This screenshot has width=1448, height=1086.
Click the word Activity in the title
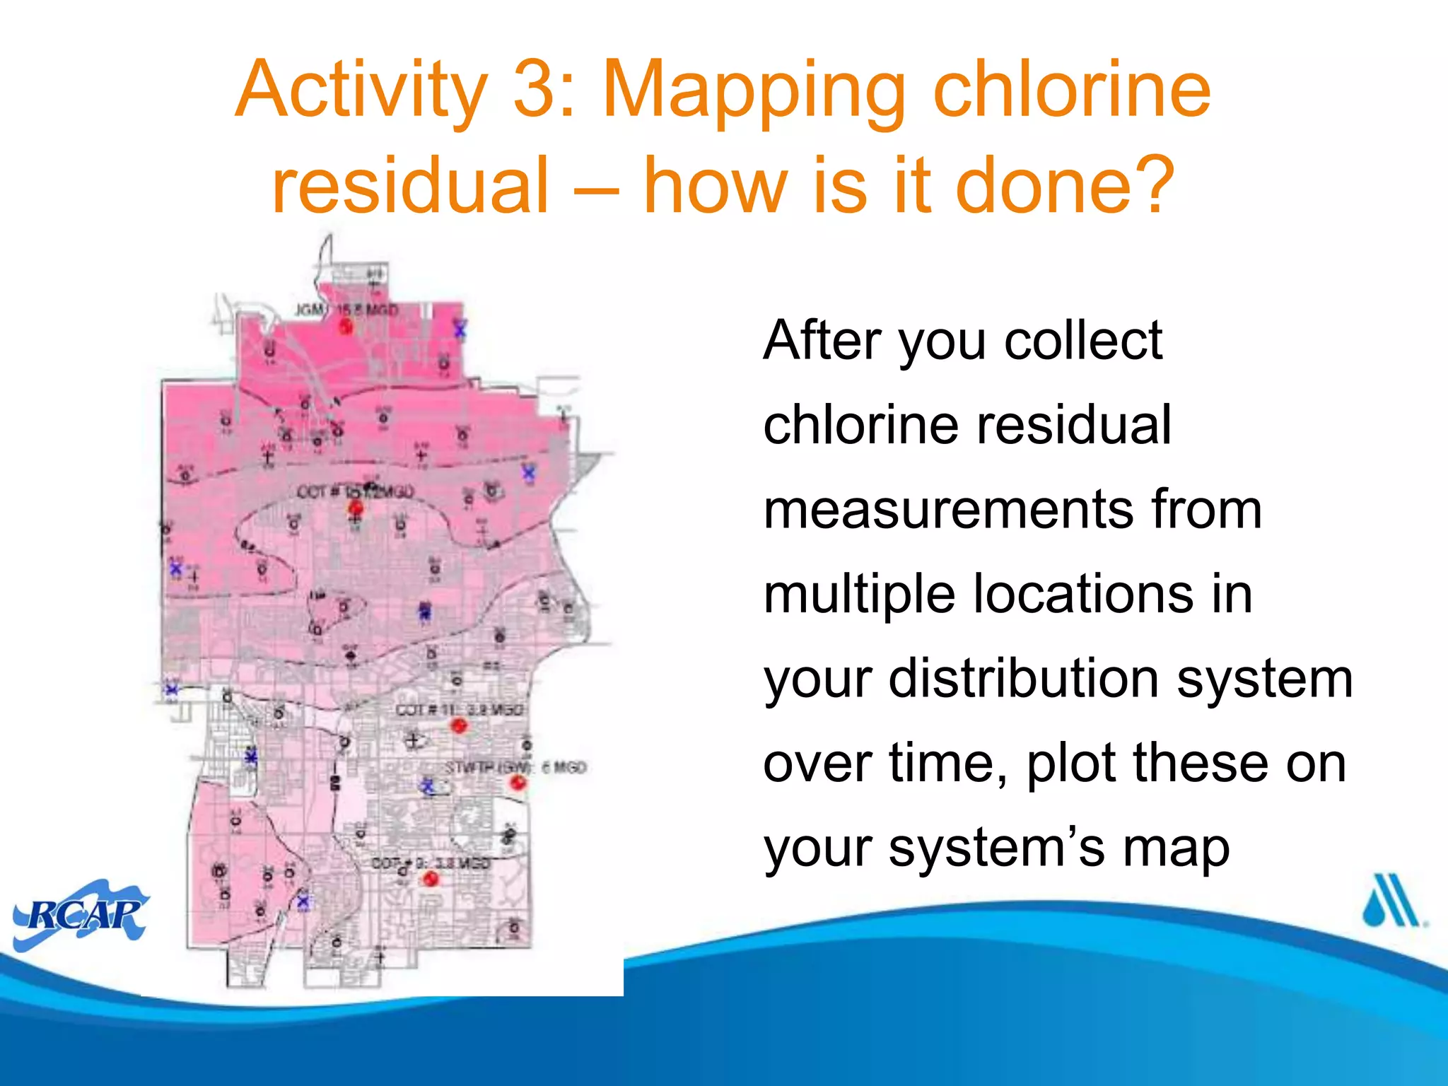click(361, 90)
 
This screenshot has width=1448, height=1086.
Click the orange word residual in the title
click(411, 185)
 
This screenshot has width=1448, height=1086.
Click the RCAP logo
click(81, 915)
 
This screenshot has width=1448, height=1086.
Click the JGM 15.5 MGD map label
click(346, 310)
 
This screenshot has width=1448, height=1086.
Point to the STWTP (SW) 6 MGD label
click(515, 767)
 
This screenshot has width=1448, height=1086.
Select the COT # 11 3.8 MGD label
click(460, 709)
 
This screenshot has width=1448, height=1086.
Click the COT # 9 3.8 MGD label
click(431, 863)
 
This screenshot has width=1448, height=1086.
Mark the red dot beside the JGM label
click(346, 326)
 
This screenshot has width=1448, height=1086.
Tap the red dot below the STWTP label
click(518, 783)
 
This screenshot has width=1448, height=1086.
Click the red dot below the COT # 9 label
click(431, 879)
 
